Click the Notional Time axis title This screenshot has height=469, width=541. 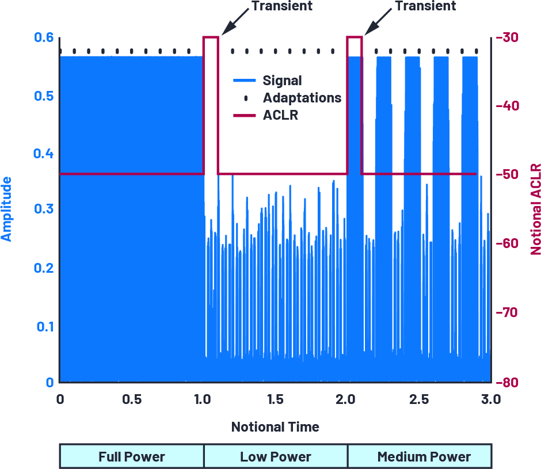click(x=275, y=427)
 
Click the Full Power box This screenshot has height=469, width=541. click(x=132, y=457)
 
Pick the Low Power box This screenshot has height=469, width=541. click(x=276, y=457)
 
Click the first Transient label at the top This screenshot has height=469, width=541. click(x=282, y=6)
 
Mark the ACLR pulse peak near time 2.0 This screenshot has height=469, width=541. click(x=355, y=37)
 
